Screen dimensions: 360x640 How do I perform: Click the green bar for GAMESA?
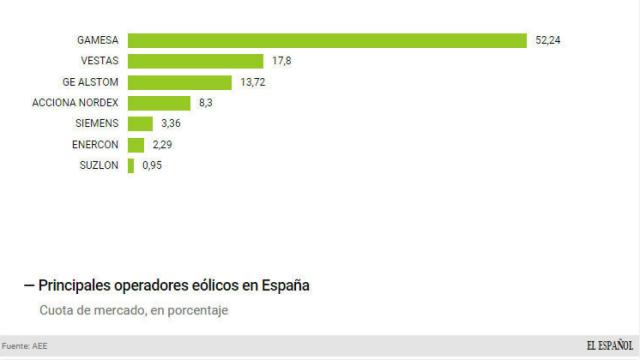coord(327,40)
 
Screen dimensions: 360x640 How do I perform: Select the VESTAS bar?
coord(196,61)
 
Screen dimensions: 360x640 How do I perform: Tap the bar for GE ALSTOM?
coord(180,82)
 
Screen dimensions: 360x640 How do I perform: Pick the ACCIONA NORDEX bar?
coord(159,103)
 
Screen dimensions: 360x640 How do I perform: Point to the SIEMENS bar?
coord(140,124)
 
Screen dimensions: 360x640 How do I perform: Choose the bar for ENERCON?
coord(136,145)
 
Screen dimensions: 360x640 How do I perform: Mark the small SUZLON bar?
coord(131,166)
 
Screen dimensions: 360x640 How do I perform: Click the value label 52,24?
coord(548,40)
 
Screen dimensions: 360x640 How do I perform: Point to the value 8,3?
coord(205,103)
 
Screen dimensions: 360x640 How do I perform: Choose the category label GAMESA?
coord(98,40)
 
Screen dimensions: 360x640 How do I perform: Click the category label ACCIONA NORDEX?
coord(76,103)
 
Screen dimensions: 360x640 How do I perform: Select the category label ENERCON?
coord(97,145)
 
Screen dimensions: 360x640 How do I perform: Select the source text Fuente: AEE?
coord(25,346)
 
